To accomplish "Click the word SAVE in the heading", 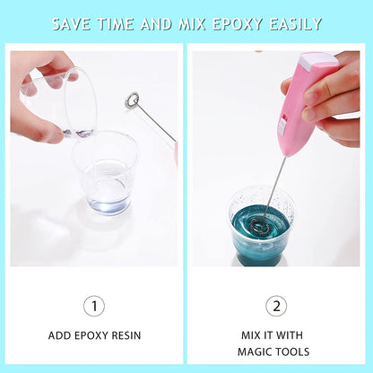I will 73,22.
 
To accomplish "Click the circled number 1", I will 94,306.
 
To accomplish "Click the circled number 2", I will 277,306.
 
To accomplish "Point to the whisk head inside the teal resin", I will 259,224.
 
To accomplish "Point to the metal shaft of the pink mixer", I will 274,184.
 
